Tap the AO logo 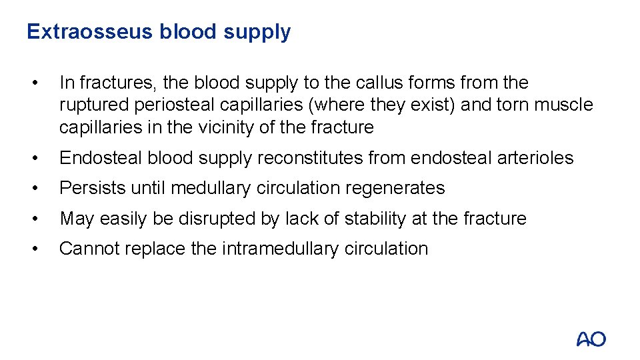[591, 339]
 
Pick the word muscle [562, 105]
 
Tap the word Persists [92, 188]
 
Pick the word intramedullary [279, 249]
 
